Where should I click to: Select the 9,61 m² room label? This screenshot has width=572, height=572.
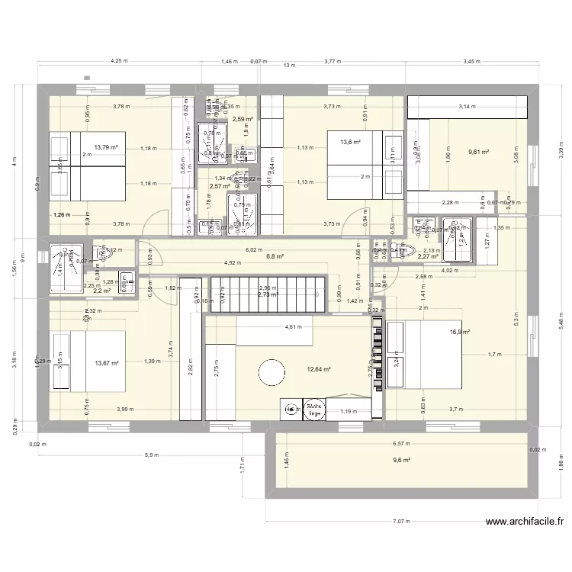click(478, 152)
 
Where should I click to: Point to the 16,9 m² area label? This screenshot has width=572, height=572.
click(459, 332)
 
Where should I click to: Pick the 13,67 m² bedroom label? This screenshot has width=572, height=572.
click(107, 364)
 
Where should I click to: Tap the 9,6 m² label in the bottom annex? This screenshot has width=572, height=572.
click(401, 460)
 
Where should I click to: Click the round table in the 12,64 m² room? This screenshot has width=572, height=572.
click(272, 373)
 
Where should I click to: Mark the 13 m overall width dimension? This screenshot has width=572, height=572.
click(288, 66)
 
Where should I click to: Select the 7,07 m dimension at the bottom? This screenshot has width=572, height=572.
click(401, 522)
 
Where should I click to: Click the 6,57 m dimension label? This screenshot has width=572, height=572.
click(400, 443)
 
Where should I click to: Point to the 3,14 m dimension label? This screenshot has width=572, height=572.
click(465, 108)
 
